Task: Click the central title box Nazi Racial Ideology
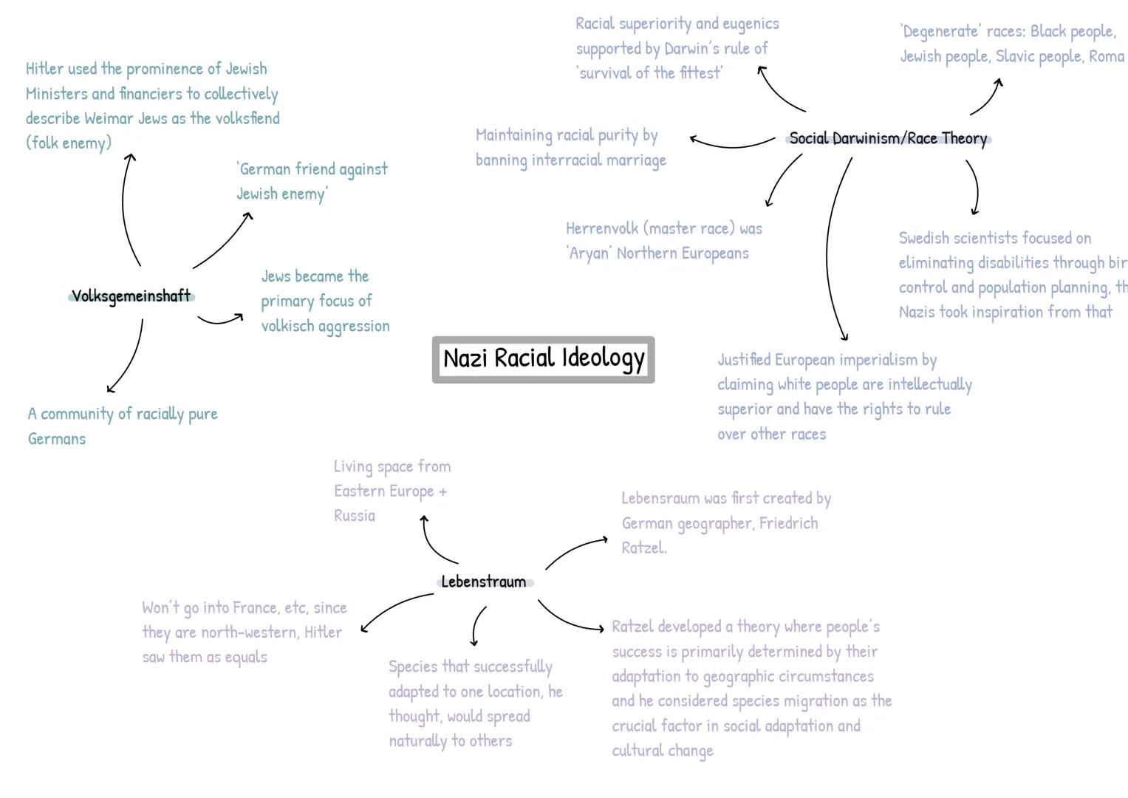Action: tap(544, 359)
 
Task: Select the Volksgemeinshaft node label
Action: tap(131, 296)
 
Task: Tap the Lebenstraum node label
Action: tap(484, 582)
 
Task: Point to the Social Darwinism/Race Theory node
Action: tap(888, 139)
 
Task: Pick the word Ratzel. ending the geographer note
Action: tap(643, 548)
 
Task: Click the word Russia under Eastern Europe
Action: tap(355, 516)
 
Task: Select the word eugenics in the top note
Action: tap(751, 24)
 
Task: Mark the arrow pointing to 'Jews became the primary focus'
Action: tap(220, 321)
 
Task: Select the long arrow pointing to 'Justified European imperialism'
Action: tap(829, 251)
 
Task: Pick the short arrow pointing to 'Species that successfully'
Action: tap(476, 627)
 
